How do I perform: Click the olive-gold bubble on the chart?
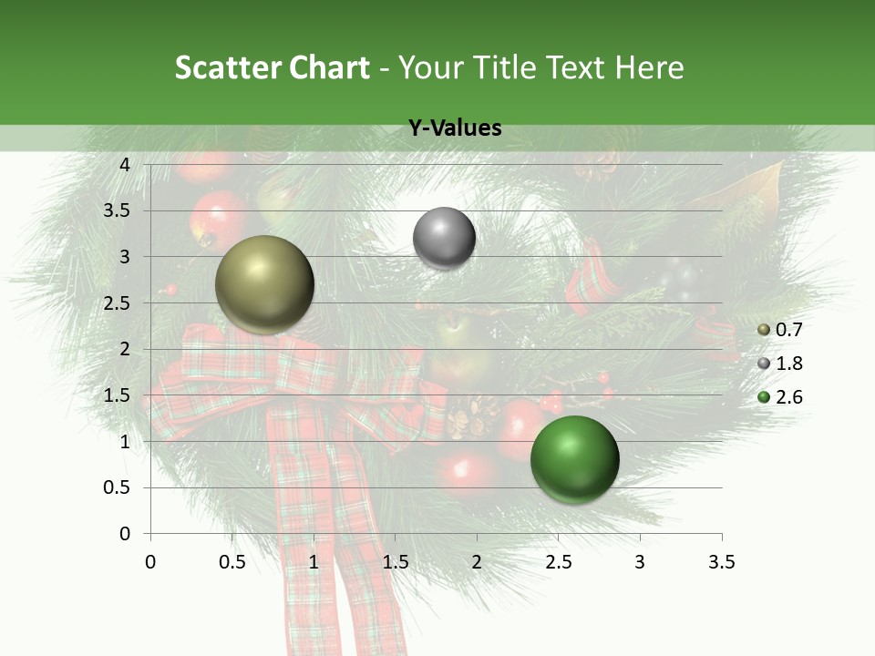click(x=265, y=284)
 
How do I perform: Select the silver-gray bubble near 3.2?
click(x=444, y=238)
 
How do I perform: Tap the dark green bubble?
click(x=574, y=459)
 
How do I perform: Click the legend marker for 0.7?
click(x=764, y=330)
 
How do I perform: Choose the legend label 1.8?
click(x=789, y=364)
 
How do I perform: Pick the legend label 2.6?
click(x=789, y=397)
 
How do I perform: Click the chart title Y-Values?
click(x=454, y=128)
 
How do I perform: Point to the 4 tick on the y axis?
click(x=125, y=164)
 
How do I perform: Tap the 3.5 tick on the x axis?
click(x=721, y=562)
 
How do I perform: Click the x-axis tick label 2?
click(x=477, y=562)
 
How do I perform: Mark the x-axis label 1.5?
click(x=395, y=562)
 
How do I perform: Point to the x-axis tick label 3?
click(x=640, y=562)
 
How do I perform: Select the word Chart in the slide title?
click(x=329, y=67)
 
